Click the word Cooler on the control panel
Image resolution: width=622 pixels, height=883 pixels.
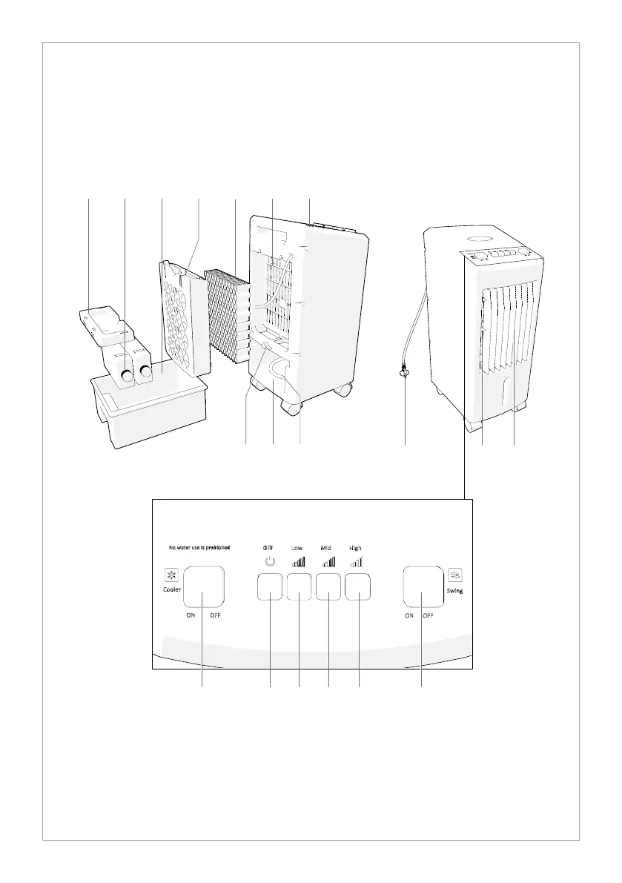point(172,590)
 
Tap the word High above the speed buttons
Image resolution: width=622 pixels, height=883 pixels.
point(356,548)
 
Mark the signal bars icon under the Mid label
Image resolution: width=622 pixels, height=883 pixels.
point(327,563)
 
